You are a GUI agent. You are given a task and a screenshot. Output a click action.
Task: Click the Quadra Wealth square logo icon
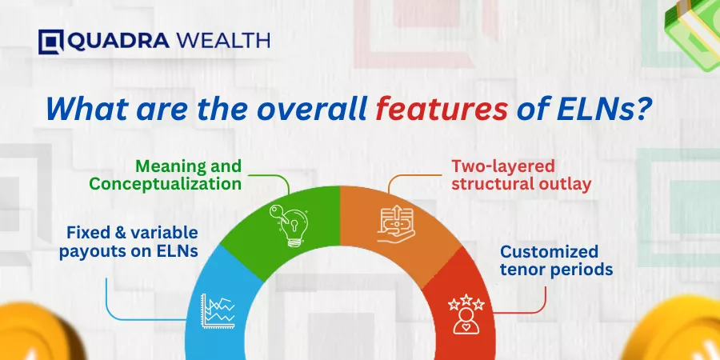[51, 42]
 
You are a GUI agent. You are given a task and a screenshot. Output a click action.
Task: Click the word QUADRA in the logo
[118, 42]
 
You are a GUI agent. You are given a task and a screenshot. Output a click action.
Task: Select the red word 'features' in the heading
[442, 110]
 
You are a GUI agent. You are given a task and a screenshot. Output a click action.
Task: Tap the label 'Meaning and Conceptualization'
[166, 174]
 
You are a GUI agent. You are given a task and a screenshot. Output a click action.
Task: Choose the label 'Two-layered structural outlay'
[521, 175]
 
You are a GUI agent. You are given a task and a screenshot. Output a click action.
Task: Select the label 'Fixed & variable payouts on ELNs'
[129, 242]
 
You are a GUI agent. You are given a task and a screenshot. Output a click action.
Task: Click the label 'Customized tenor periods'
[557, 260]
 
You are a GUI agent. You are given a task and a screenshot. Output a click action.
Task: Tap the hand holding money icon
[396, 225]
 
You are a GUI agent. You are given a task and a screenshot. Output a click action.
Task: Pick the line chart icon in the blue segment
[218, 311]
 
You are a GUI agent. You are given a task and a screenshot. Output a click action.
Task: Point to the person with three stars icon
[466, 314]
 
